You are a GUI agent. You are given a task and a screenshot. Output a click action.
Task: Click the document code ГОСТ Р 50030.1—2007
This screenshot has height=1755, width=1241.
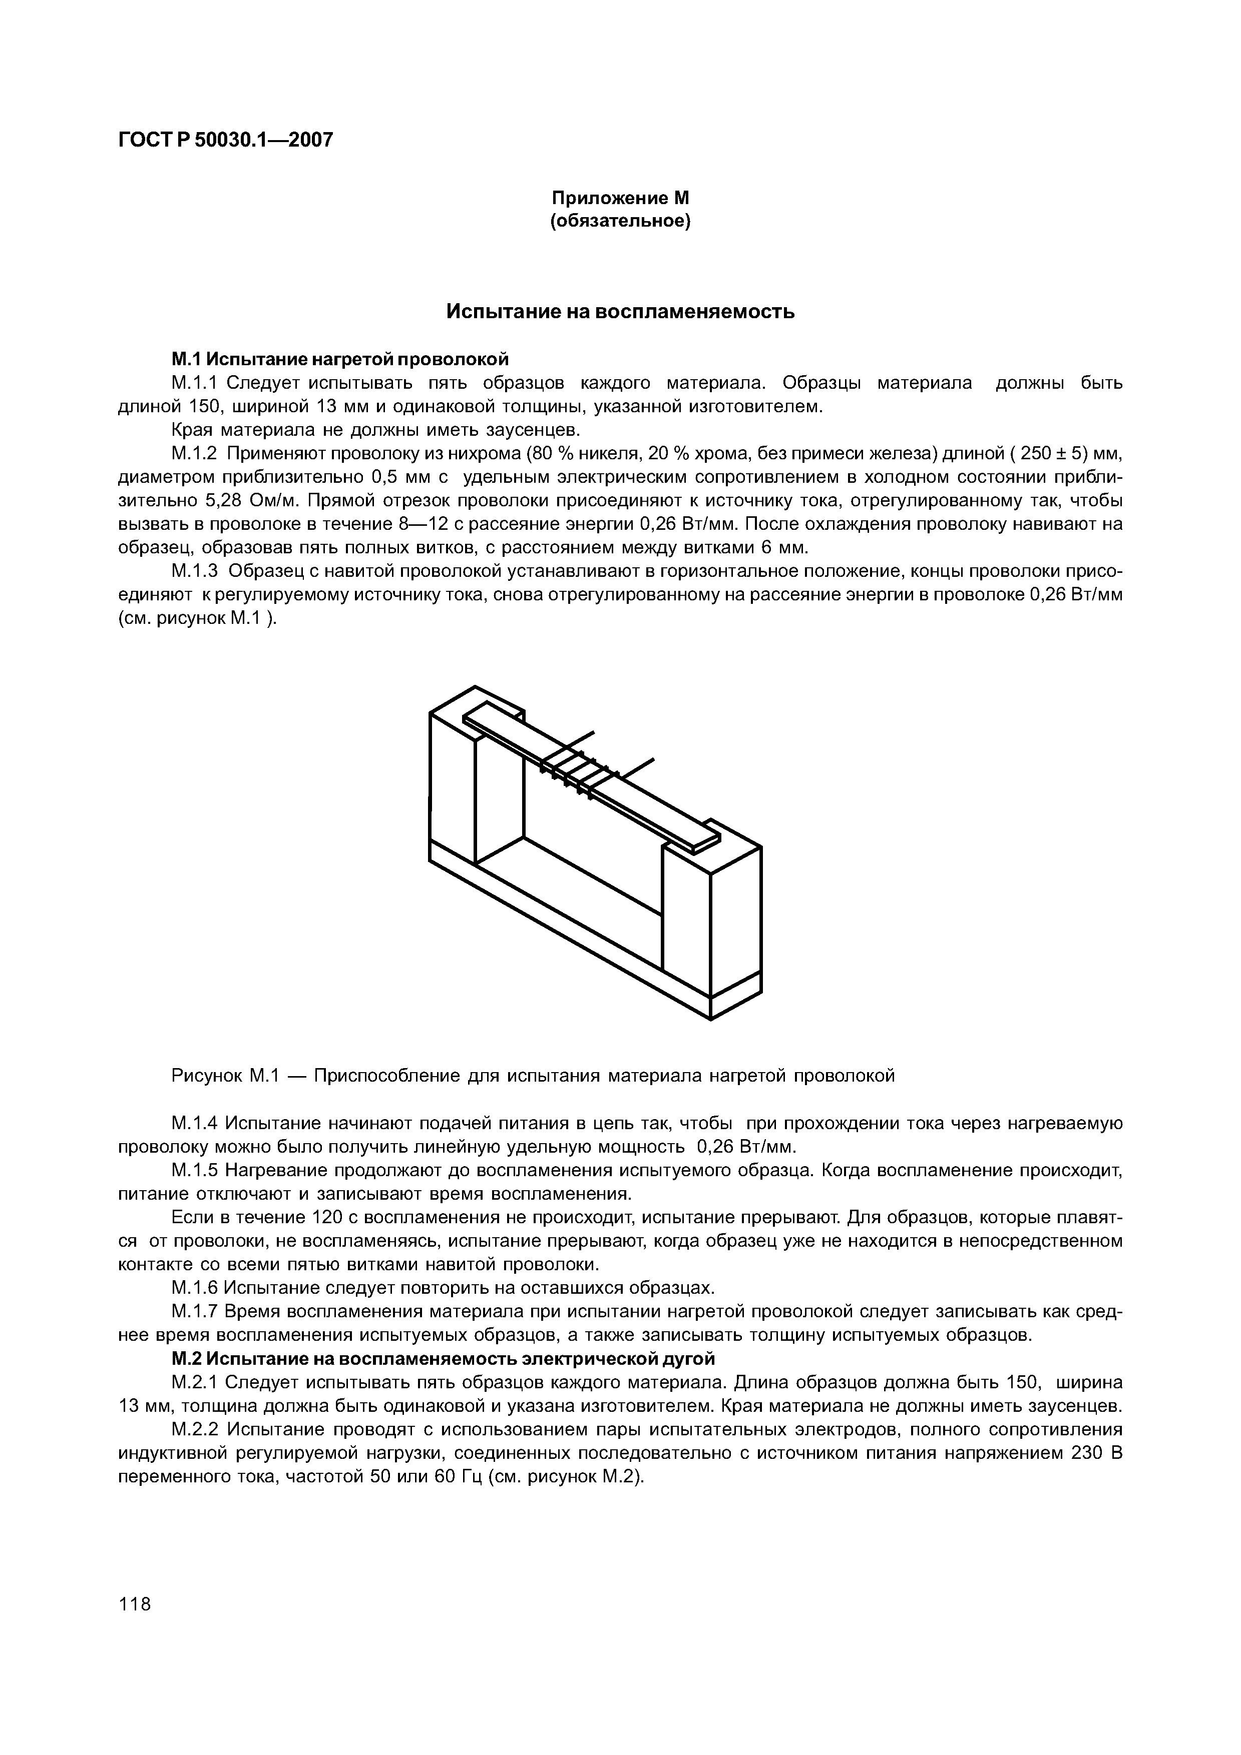(x=226, y=140)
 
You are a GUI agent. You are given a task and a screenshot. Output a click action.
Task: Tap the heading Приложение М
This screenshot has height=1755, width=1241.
(x=620, y=198)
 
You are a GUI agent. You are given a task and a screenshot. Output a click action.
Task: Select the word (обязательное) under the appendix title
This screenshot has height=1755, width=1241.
(x=620, y=222)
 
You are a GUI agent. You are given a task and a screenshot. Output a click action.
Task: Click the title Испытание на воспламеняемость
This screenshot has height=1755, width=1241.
(x=620, y=312)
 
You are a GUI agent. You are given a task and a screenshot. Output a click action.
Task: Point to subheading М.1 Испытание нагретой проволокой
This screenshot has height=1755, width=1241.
(x=339, y=359)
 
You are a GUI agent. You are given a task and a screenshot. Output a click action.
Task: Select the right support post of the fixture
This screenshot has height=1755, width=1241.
(x=734, y=925)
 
